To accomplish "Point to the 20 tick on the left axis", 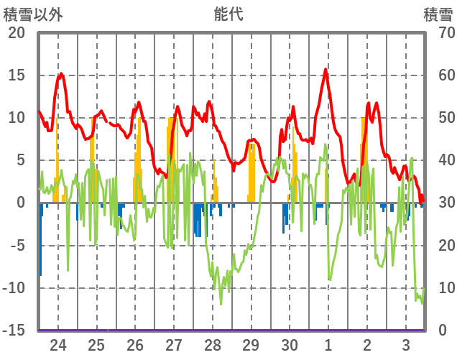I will (x=16, y=33).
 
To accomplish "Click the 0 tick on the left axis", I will (x=21, y=203).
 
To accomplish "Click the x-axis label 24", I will (x=58, y=344).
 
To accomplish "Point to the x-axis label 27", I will (x=174, y=344).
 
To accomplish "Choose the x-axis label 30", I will (x=290, y=344).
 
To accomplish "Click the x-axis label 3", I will (x=406, y=344).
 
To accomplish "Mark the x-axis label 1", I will (x=328, y=344).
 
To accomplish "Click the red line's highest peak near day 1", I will (x=326, y=69).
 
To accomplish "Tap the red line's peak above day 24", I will (x=61, y=73).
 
